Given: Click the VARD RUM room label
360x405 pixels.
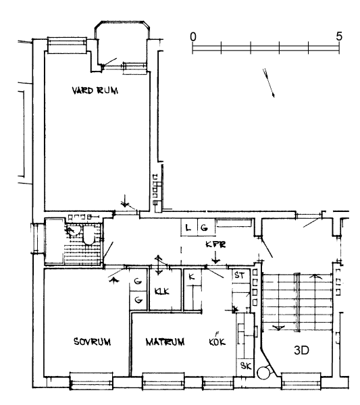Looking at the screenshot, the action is [x=95, y=90].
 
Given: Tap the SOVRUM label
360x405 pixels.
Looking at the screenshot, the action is [x=93, y=342].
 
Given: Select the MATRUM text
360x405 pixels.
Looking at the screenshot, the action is [x=165, y=342].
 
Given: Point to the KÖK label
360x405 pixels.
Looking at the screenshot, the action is [x=217, y=340].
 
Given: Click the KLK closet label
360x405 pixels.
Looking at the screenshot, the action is [x=162, y=292].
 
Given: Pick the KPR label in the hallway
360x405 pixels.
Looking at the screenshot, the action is [x=215, y=244].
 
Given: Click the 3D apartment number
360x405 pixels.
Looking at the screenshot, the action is [x=301, y=350].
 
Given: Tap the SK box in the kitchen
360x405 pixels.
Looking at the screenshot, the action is [x=245, y=366].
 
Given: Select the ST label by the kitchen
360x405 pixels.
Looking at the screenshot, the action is [x=239, y=275].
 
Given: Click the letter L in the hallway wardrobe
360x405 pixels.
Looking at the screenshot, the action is [x=188, y=228].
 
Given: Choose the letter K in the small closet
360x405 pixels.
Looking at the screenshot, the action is [x=192, y=277].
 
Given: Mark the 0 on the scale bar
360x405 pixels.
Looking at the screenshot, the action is [x=193, y=37].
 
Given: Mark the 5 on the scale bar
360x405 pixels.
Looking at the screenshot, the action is [x=339, y=36].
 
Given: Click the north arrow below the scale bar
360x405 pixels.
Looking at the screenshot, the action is [x=269, y=83].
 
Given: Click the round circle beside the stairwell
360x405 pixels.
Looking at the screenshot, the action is [x=264, y=373].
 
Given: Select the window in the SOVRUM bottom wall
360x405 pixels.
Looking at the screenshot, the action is [x=91, y=381].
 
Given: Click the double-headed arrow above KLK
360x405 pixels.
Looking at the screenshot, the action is [x=158, y=265].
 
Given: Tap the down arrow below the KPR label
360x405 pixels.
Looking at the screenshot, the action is [x=215, y=258].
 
